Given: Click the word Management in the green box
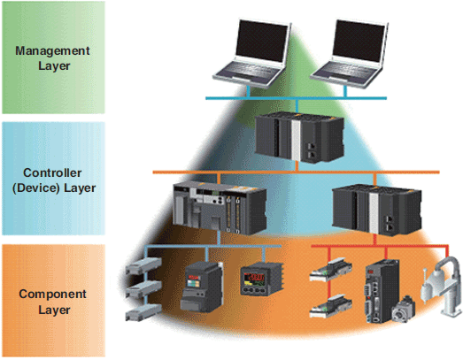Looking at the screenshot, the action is (x=52, y=50).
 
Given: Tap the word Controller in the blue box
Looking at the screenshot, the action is (x=52, y=172).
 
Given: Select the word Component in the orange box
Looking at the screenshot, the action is (x=52, y=295).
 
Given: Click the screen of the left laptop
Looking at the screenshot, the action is (x=262, y=41).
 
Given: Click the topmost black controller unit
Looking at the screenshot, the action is (x=299, y=138).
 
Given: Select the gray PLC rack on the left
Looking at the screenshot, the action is (x=220, y=208).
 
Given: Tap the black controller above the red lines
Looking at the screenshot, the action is (x=377, y=210).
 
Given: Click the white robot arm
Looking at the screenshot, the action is (x=442, y=286).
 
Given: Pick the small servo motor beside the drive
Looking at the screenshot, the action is (x=404, y=309).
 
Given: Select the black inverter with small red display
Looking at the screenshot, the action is (x=203, y=287).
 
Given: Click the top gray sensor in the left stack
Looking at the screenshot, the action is (x=143, y=265).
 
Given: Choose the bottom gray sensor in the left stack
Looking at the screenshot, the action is (x=143, y=312).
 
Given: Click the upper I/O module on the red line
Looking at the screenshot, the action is (x=331, y=269).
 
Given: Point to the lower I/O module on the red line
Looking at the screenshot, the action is (x=331, y=306).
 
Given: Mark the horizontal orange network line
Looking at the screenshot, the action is (x=296, y=172).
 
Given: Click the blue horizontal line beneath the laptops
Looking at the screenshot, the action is (x=296, y=98).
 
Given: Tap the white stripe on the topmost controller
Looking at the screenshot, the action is (x=296, y=141).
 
